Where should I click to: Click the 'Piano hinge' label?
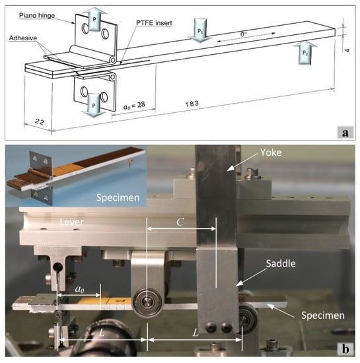click(37, 16)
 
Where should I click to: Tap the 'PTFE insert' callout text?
click(154, 23)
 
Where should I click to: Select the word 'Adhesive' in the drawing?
click(23, 38)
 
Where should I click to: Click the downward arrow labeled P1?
click(200, 30)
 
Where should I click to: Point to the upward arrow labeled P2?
click(305, 53)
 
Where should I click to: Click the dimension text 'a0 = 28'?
click(134, 106)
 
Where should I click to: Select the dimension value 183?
click(192, 104)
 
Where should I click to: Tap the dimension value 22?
click(40, 121)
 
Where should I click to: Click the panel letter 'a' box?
click(345, 133)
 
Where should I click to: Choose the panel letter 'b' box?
click(345, 348)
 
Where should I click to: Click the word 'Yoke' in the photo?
click(271, 152)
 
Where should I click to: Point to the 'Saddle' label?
click(281, 264)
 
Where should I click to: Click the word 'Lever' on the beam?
click(71, 222)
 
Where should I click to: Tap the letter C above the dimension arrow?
click(180, 222)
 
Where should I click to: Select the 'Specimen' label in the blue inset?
click(118, 197)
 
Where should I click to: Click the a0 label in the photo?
click(79, 289)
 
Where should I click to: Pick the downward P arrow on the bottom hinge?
click(94, 106)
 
